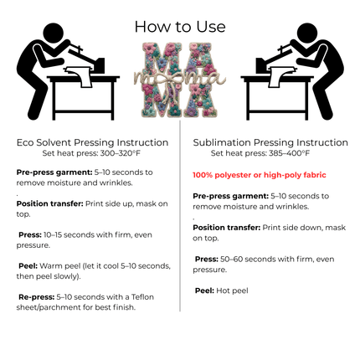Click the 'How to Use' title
pos(179,26)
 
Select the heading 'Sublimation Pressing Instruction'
pos(270,143)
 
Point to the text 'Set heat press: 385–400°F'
pos(260,153)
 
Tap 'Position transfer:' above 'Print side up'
pos(49,203)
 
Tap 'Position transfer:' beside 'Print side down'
pos(226,227)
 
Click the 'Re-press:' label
pos(36,296)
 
